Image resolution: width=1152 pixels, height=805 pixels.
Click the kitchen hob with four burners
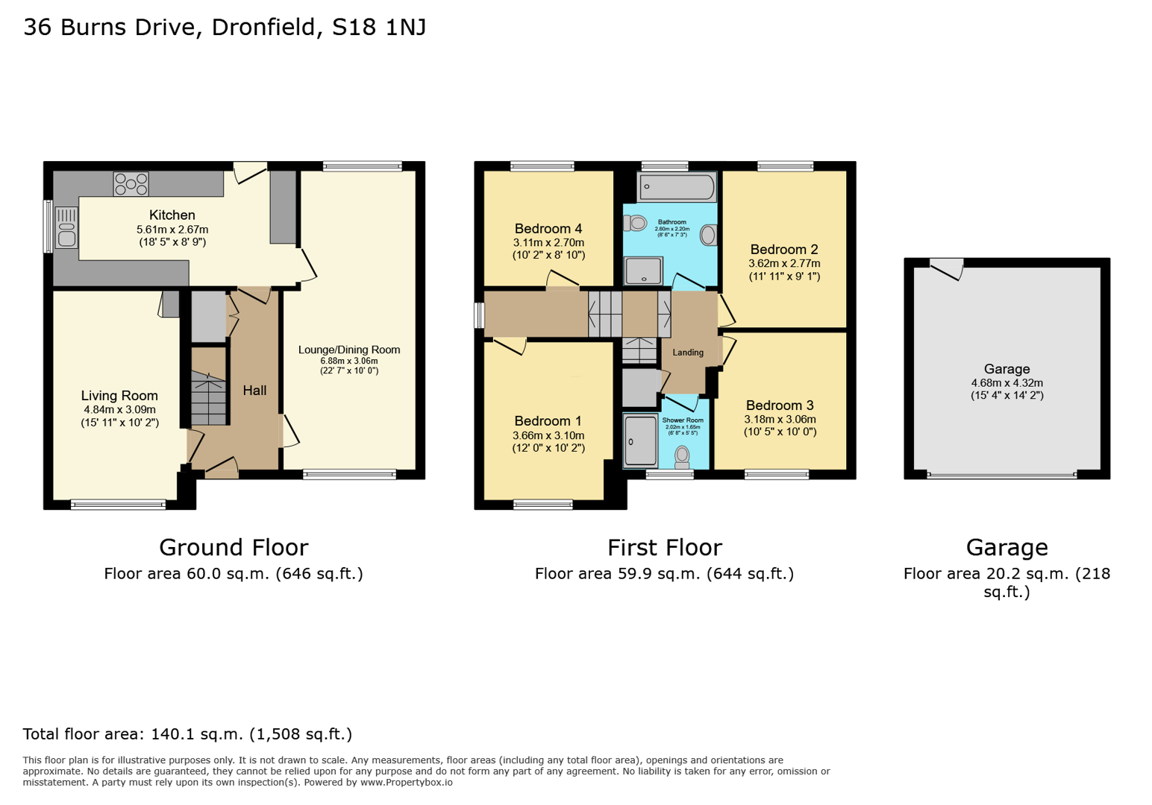click(x=131, y=183)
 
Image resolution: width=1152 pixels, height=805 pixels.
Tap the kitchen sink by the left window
click(x=66, y=227)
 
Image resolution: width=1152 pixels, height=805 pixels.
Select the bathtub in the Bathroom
click(x=677, y=186)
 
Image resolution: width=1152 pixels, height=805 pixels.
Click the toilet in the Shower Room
click(x=682, y=455)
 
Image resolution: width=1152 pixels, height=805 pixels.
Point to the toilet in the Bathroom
click(x=636, y=222)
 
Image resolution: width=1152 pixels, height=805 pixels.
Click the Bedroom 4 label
click(x=548, y=229)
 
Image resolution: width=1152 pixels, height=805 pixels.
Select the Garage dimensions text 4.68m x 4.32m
click(x=1007, y=383)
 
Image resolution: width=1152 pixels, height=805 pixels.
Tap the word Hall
click(x=254, y=391)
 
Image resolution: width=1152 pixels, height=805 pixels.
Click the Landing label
click(x=687, y=353)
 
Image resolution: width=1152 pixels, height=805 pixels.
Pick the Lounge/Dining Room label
click(x=349, y=350)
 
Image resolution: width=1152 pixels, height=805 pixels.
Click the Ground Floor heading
click(x=234, y=548)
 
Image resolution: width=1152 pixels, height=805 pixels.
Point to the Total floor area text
click(x=187, y=734)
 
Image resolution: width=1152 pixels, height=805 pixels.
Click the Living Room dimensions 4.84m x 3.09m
click(x=119, y=410)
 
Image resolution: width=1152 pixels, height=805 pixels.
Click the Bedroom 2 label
click(x=783, y=250)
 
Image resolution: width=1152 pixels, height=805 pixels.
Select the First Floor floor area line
click(x=664, y=574)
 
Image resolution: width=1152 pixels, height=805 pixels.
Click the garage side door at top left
click(x=946, y=268)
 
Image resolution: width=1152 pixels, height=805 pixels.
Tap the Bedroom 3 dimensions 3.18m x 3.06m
click(x=780, y=420)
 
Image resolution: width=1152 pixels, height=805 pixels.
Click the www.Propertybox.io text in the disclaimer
click(x=407, y=783)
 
